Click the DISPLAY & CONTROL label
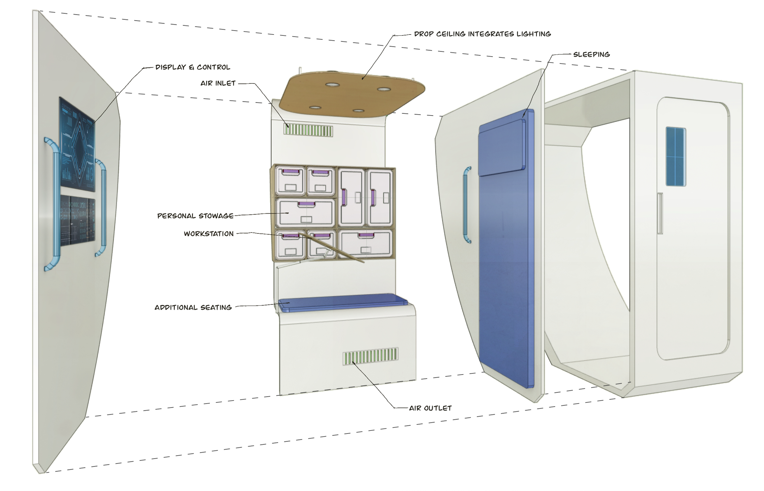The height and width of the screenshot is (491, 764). pos(193,67)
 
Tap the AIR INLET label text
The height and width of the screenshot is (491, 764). pos(218,83)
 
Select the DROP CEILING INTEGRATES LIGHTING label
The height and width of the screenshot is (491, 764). pos(482,34)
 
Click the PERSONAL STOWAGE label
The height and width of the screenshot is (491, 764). pos(195,216)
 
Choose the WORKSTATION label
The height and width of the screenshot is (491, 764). pos(208,234)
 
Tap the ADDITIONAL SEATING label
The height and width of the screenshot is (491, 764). pos(193,307)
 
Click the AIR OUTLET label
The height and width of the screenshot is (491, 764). pos(430,408)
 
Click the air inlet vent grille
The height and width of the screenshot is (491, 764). pos(308,130)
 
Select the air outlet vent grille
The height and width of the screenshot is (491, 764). pos(370,356)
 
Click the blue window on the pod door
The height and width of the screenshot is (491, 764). pos(675,156)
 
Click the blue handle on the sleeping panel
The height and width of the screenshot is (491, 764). pos(466,205)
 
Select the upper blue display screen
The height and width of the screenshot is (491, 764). pos(77,145)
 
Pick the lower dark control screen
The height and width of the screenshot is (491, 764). pos(78,221)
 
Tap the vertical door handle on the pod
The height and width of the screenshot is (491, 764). pos(660,213)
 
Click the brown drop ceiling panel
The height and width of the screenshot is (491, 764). pos(351,94)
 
